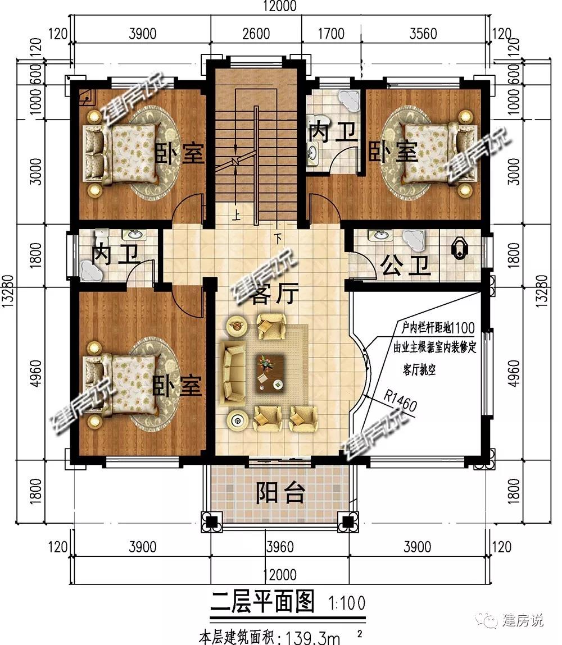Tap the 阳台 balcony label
tap(281, 492)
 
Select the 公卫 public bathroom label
tap(406, 266)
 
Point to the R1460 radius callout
tap(400, 400)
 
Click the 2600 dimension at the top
tap(256, 33)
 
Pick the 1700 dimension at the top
tap(331, 33)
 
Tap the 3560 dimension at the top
tap(423, 33)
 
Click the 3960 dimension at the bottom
tap(280, 547)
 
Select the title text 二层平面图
tap(262, 601)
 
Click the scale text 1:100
tap(347, 603)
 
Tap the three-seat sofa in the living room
tap(233, 373)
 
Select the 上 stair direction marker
tap(235, 216)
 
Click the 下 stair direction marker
tap(279, 239)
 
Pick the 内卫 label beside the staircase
tap(333, 132)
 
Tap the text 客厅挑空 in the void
tap(419, 370)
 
